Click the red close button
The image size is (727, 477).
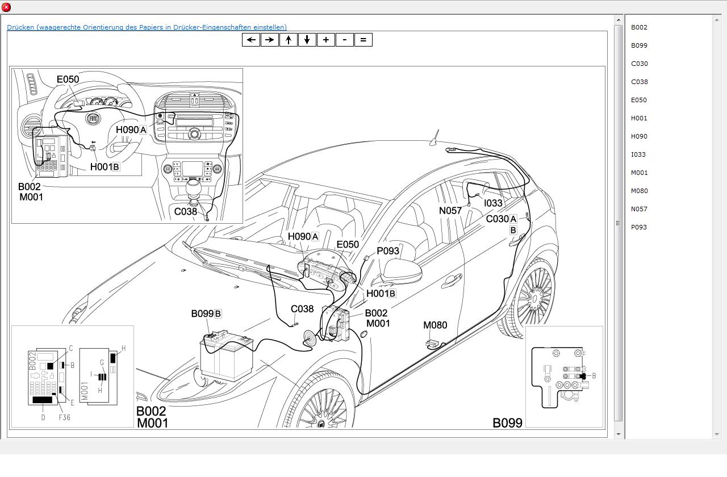[x=6, y=7]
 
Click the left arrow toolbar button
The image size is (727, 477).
[x=251, y=40]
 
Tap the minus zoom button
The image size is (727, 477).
[x=345, y=40]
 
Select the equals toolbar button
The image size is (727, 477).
[x=363, y=40]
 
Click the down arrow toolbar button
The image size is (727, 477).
[x=307, y=40]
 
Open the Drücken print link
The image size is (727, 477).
[x=147, y=27]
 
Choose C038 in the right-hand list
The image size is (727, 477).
[x=640, y=82]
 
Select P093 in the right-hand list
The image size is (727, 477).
[x=639, y=227]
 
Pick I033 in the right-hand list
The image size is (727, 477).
[x=638, y=154]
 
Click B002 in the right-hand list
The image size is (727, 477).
[x=639, y=27]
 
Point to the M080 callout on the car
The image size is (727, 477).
[x=435, y=325]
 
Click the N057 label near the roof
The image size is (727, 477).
[x=450, y=211]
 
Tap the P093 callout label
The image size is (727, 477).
[x=388, y=251]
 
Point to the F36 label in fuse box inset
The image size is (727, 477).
[x=65, y=417]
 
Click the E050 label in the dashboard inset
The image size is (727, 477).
[x=68, y=79]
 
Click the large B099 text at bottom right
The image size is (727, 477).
[x=507, y=422]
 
